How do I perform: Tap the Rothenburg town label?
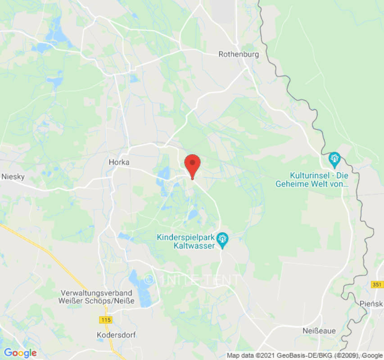coord(239,54)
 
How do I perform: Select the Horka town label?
coord(119,162)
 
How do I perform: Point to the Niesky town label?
coord(13,176)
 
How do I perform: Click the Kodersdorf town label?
coord(116,335)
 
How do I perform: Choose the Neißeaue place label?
coord(319,331)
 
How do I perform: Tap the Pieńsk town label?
coord(371,304)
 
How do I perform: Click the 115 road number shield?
coord(106,319)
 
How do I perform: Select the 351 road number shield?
coord(377,285)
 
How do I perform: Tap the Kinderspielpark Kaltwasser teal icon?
coord(222,239)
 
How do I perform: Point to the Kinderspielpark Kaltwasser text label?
coord(185,241)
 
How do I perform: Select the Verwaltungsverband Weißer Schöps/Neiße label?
coord(97,297)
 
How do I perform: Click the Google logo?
coord(20,353)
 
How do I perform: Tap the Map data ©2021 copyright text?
coord(304,355)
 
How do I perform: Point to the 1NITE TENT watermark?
coord(191,280)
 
